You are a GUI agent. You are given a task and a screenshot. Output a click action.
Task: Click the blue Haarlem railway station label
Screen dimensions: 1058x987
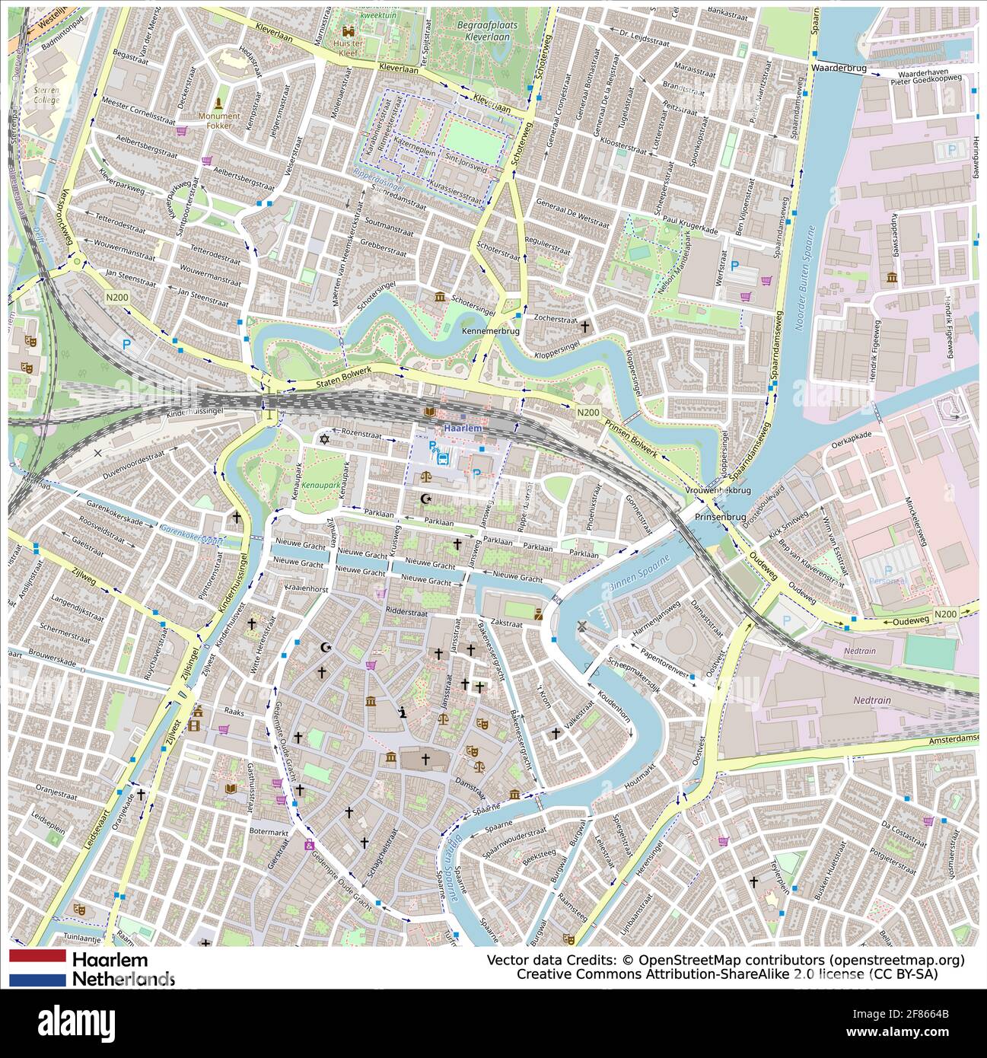[x=463, y=429]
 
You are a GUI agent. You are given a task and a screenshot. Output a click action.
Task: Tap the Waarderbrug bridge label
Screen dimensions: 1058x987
[x=839, y=68]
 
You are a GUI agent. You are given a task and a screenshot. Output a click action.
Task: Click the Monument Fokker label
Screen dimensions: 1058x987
[x=218, y=120]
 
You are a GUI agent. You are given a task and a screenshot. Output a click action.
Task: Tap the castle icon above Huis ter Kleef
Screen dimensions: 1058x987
[x=349, y=31]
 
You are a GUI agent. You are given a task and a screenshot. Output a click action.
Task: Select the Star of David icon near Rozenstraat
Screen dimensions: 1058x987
[x=324, y=439]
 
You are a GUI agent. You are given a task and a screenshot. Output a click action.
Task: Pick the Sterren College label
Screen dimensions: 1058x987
[x=46, y=94]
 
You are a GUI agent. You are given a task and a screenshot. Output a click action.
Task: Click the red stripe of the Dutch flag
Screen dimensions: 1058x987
[x=38, y=956]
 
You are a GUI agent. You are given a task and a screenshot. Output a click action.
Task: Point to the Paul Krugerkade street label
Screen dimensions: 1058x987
[x=689, y=226]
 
